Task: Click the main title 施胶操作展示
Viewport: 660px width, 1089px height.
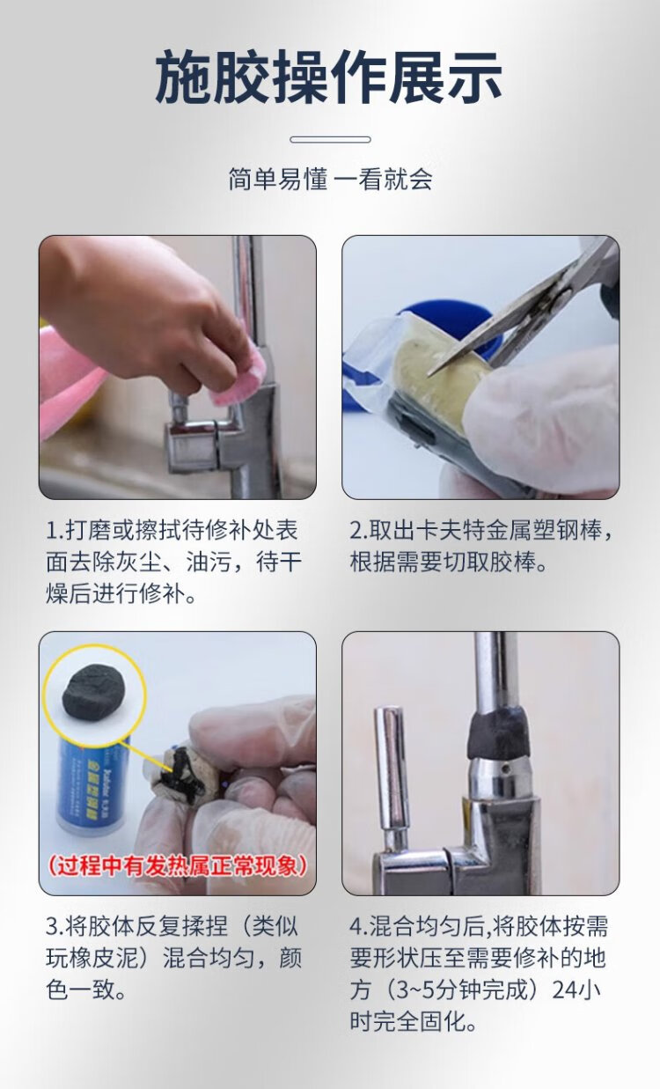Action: point(329,77)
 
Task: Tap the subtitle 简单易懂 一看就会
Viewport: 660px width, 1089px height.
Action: point(331,179)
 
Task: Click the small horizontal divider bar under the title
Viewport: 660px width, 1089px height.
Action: point(331,139)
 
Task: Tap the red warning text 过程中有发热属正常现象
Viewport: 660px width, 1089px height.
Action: point(178,866)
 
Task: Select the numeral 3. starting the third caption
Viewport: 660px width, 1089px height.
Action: point(55,927)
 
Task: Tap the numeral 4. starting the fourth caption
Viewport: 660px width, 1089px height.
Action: point(359,927)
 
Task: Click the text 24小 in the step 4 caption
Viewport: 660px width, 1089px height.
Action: point(579,990)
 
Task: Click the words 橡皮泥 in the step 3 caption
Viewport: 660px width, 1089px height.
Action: point(105,959)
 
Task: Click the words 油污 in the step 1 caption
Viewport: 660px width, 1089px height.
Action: point(209,562)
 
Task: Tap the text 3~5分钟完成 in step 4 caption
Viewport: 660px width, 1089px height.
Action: point(462,990)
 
